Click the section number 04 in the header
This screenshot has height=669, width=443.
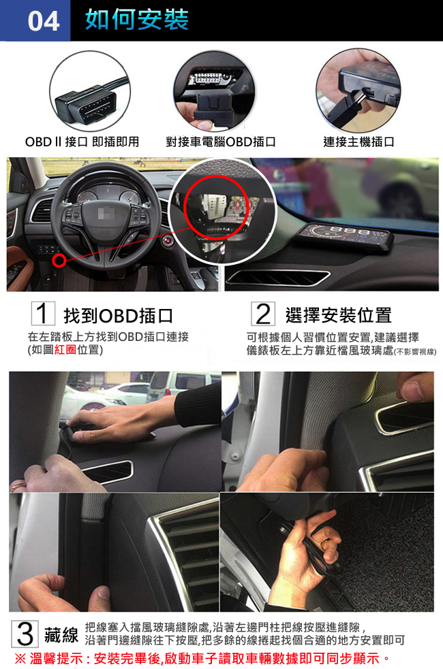43,21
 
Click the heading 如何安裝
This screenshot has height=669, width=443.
137,20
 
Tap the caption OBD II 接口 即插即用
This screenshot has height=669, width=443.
82,142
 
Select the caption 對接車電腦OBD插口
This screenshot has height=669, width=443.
221,142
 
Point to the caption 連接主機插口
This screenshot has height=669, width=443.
358,142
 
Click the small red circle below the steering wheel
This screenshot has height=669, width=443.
60,260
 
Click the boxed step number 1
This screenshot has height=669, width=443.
43,314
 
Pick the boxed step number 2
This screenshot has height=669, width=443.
262,314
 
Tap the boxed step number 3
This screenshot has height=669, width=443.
25,634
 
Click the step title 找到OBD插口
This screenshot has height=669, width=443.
118,316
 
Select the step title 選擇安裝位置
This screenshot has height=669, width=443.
338,315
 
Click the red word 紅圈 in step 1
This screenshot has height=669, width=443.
65,350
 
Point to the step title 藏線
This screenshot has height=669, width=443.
61,634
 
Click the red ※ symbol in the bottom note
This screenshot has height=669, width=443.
20,658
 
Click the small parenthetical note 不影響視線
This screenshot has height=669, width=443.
414,352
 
